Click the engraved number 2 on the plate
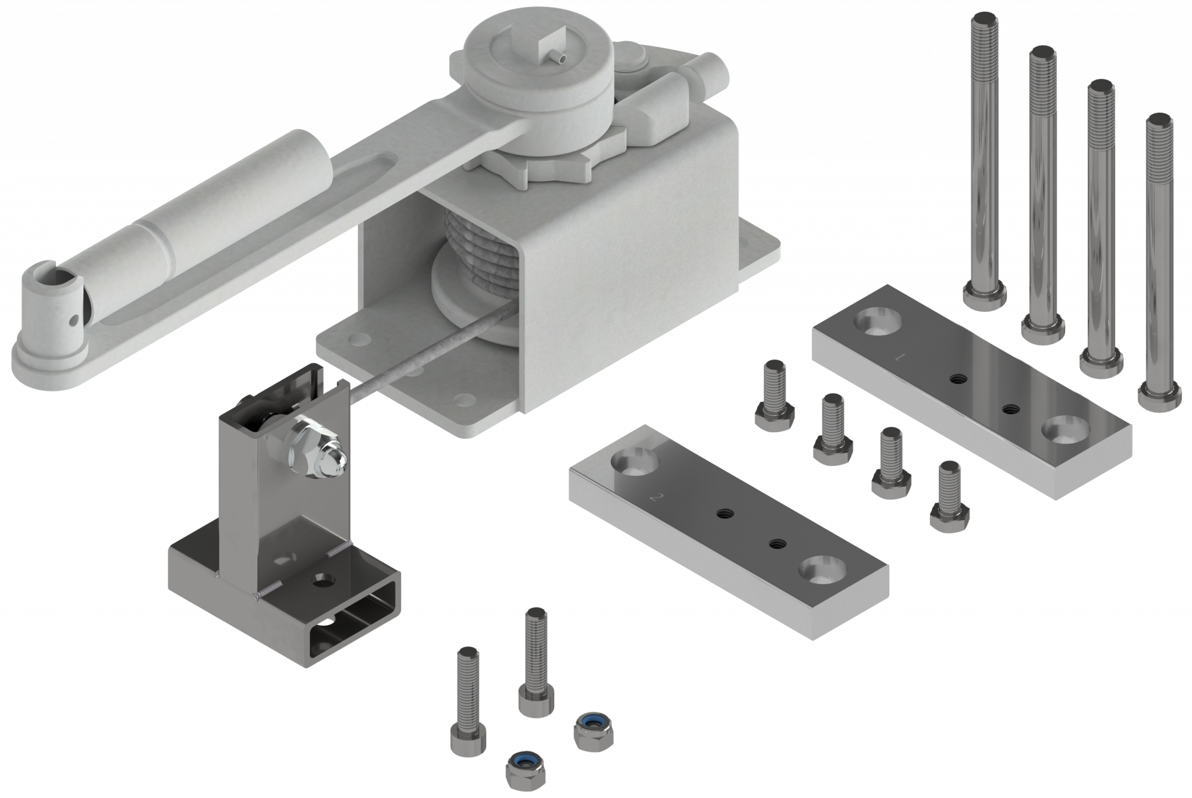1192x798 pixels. (657, 497)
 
